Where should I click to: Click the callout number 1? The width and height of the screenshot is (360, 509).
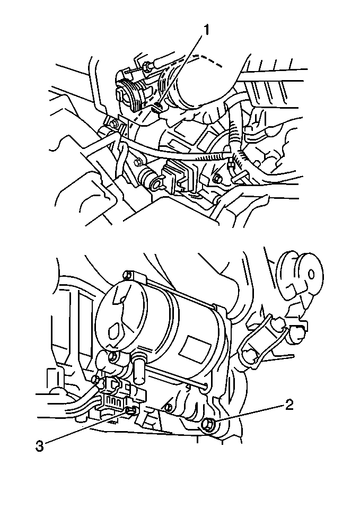point(207,30)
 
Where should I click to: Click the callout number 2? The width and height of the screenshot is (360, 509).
point(288,406)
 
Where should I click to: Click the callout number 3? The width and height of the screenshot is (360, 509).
point(39,445)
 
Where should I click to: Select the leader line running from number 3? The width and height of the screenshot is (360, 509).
point(85,428)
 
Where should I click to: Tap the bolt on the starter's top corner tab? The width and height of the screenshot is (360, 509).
point(126,275)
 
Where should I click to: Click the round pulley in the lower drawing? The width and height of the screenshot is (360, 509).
point(300,272)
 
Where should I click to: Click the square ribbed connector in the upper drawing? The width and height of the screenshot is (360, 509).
point(177,175)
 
